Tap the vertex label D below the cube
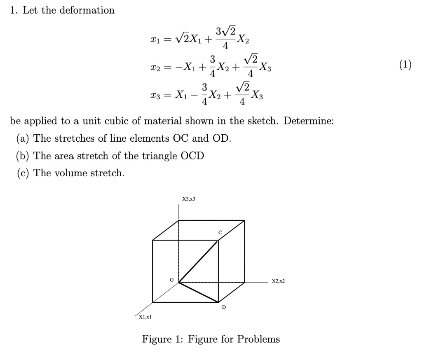pyautogui.click(x=224, y=307)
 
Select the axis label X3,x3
pyautogui.click(x=188, y=199)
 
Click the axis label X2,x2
pyautogui.click(x=278, y=281)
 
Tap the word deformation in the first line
pyautogui.click(x=88, y=10)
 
